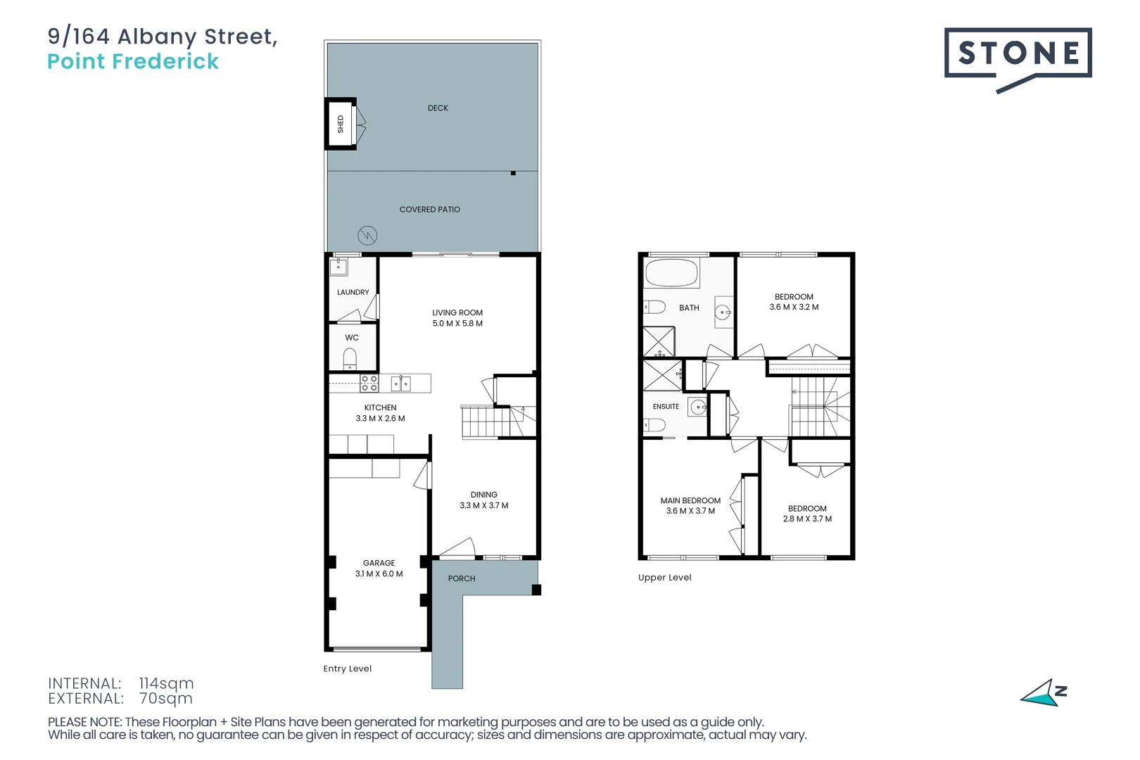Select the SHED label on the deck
(341, 124)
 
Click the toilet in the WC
(350, 358)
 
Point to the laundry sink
(338, 266)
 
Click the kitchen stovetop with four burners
(369, 384)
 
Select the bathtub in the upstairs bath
(671, 273)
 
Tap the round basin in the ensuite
(698, 407)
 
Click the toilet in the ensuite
(654, 425)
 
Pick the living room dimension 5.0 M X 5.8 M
(457, 323)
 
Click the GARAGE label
(379, 562)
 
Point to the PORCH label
(462, 578)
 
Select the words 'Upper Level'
(665, 577)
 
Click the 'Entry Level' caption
(348, 669)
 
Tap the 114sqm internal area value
(166, 683)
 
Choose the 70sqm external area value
(166, 699)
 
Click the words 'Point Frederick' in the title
(133, 61)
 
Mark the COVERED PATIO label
(429, 209)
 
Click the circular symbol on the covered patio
(367, 236)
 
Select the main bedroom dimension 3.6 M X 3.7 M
(690, 511)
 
